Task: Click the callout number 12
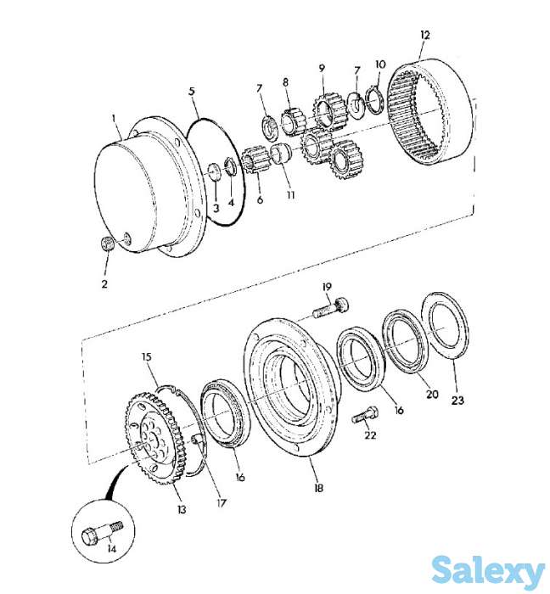[x=425, y=36]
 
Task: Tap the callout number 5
[x=192, y=92]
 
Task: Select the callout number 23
[x=457, y=400]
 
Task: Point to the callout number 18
[x=318, y=488]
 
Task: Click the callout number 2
[x=104, y=283]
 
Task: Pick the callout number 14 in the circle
[x=111, y=548]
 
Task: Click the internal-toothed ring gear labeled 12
[x=432, y=111]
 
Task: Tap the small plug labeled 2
[x=108, y=243]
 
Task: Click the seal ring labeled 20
[x=406, y=341]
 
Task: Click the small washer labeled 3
[x=215, y=172]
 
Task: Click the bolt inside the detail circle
[x=103, y=532]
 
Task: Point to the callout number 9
[x=322, y=68]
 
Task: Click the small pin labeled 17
[x=196, y=440]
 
